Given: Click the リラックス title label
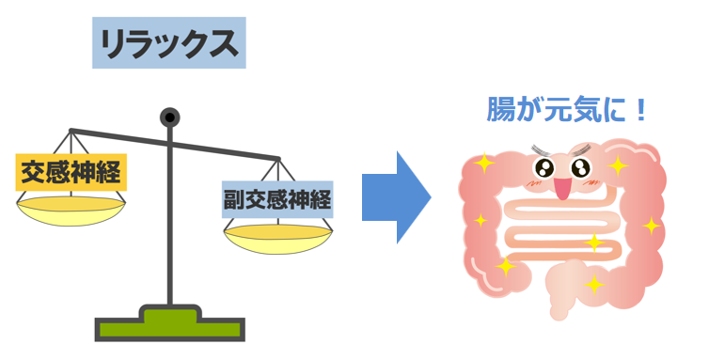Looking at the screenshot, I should [169, 44].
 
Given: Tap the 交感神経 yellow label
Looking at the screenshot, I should [71, 172].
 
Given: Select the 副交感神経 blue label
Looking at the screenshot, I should [278, 199].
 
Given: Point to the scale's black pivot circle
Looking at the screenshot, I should [169, 117].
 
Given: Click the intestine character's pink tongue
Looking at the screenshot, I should [562, 190].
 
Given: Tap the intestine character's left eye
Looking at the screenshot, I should [544, 167].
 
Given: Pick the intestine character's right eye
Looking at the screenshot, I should [580, 168].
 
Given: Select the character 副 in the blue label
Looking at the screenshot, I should [235, 199].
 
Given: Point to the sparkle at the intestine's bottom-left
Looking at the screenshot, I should [506, 267].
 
